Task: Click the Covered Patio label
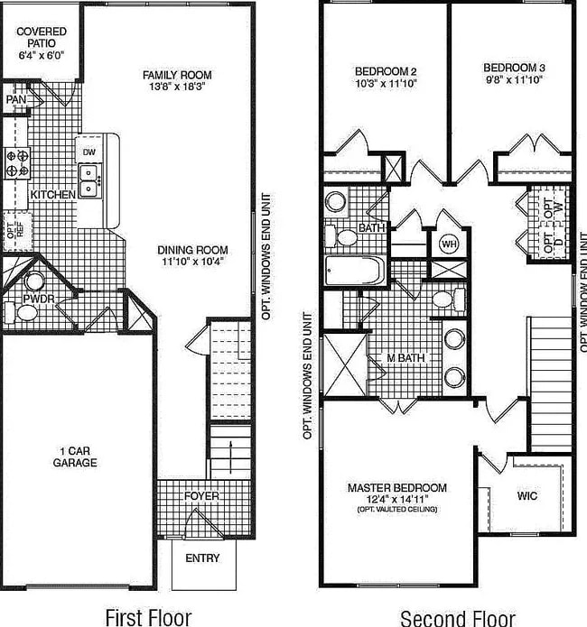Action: pos(42,37)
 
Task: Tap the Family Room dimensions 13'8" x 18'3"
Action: pos(178,88)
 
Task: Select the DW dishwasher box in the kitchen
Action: pos(89,152)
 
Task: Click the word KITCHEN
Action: pos(52,195)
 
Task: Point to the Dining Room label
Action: pos(192,250)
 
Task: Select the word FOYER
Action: pos(201,496)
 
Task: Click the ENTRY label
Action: pos(202,558)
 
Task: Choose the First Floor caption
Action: pos(148,617)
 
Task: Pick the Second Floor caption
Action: pos(458,617)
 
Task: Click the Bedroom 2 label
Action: pos(386,70)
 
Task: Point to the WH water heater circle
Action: pos(449,243)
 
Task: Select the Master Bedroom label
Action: pos(397,488)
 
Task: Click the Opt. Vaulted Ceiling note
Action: pos(397,510)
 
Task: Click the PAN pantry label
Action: pos(15,99)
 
